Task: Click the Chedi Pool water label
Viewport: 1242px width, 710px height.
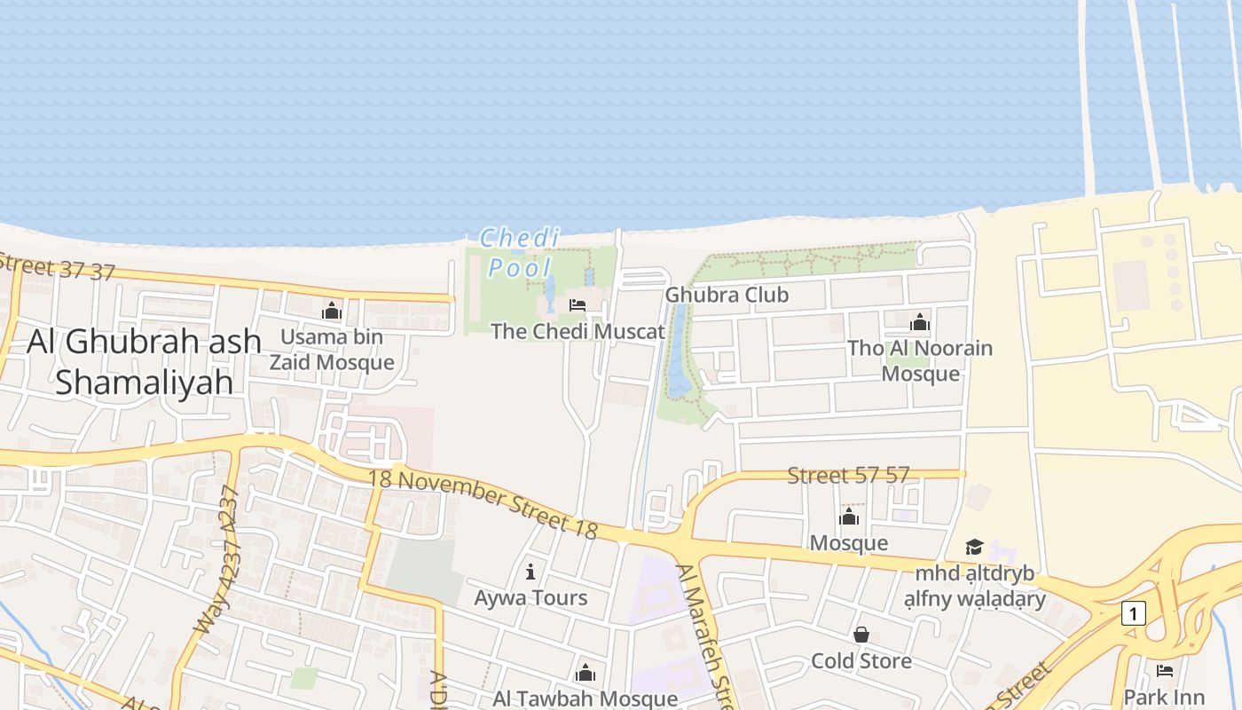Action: (x=520, y=252)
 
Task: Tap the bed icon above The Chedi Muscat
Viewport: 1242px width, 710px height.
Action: (x=578, y=306)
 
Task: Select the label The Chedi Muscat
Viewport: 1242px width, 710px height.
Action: (x=578, y=332)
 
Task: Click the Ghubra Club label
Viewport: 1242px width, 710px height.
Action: (x=727, y=295)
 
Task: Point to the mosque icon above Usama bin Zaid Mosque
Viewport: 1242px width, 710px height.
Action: (x=332, y=312)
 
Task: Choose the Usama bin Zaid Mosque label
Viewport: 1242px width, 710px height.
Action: (x=332, y=350)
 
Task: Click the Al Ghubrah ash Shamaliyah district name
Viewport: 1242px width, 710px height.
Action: (x=145, y=361)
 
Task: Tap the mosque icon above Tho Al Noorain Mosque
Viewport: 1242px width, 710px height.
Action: (x=920, y=322)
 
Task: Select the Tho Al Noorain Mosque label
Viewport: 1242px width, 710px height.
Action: (x=920, y=360)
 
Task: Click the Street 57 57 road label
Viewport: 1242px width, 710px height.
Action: (x=849, y=475)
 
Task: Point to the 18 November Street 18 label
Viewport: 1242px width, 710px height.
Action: (x=483, y=503)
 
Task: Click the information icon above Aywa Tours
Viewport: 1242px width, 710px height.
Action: (x=531, y=572)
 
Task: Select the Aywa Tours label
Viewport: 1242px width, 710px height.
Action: (x=531, y=597)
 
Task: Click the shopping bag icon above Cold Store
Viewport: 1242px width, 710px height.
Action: (x=861, y=635)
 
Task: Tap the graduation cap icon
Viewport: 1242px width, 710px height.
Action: (x=975, y=547)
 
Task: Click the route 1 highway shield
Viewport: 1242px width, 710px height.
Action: (x=1133, y=612)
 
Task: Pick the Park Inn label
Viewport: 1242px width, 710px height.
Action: (x=1164, y=697)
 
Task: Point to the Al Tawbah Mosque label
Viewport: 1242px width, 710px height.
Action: (x=586, y=698)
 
